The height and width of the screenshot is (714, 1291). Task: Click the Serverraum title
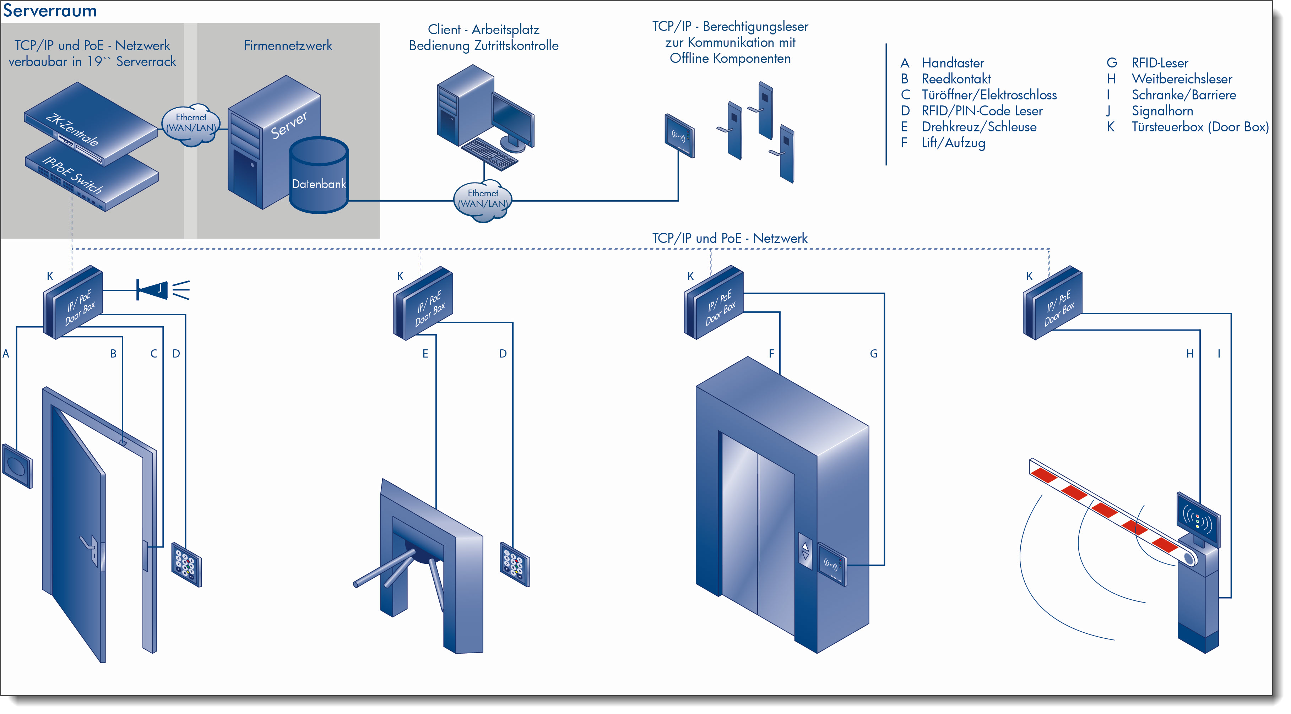point(50,11)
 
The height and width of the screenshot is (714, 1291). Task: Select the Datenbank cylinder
point(319,175)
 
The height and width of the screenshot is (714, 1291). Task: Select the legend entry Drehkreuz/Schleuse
point(979,127)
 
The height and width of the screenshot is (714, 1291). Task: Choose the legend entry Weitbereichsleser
point(1182,79)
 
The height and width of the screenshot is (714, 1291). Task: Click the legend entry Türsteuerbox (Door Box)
point(1200,127)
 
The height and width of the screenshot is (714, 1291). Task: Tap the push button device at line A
point(17,465)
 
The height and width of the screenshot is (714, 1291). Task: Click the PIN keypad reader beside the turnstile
point(515,564)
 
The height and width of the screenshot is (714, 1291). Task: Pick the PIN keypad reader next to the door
point(186,565)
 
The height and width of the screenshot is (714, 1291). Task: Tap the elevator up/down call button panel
point(805,551)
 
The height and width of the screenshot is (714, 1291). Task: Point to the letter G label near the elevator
point(874,354)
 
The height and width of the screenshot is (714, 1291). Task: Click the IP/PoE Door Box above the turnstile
point(423,303)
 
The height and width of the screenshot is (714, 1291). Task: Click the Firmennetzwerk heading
point(288,45)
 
